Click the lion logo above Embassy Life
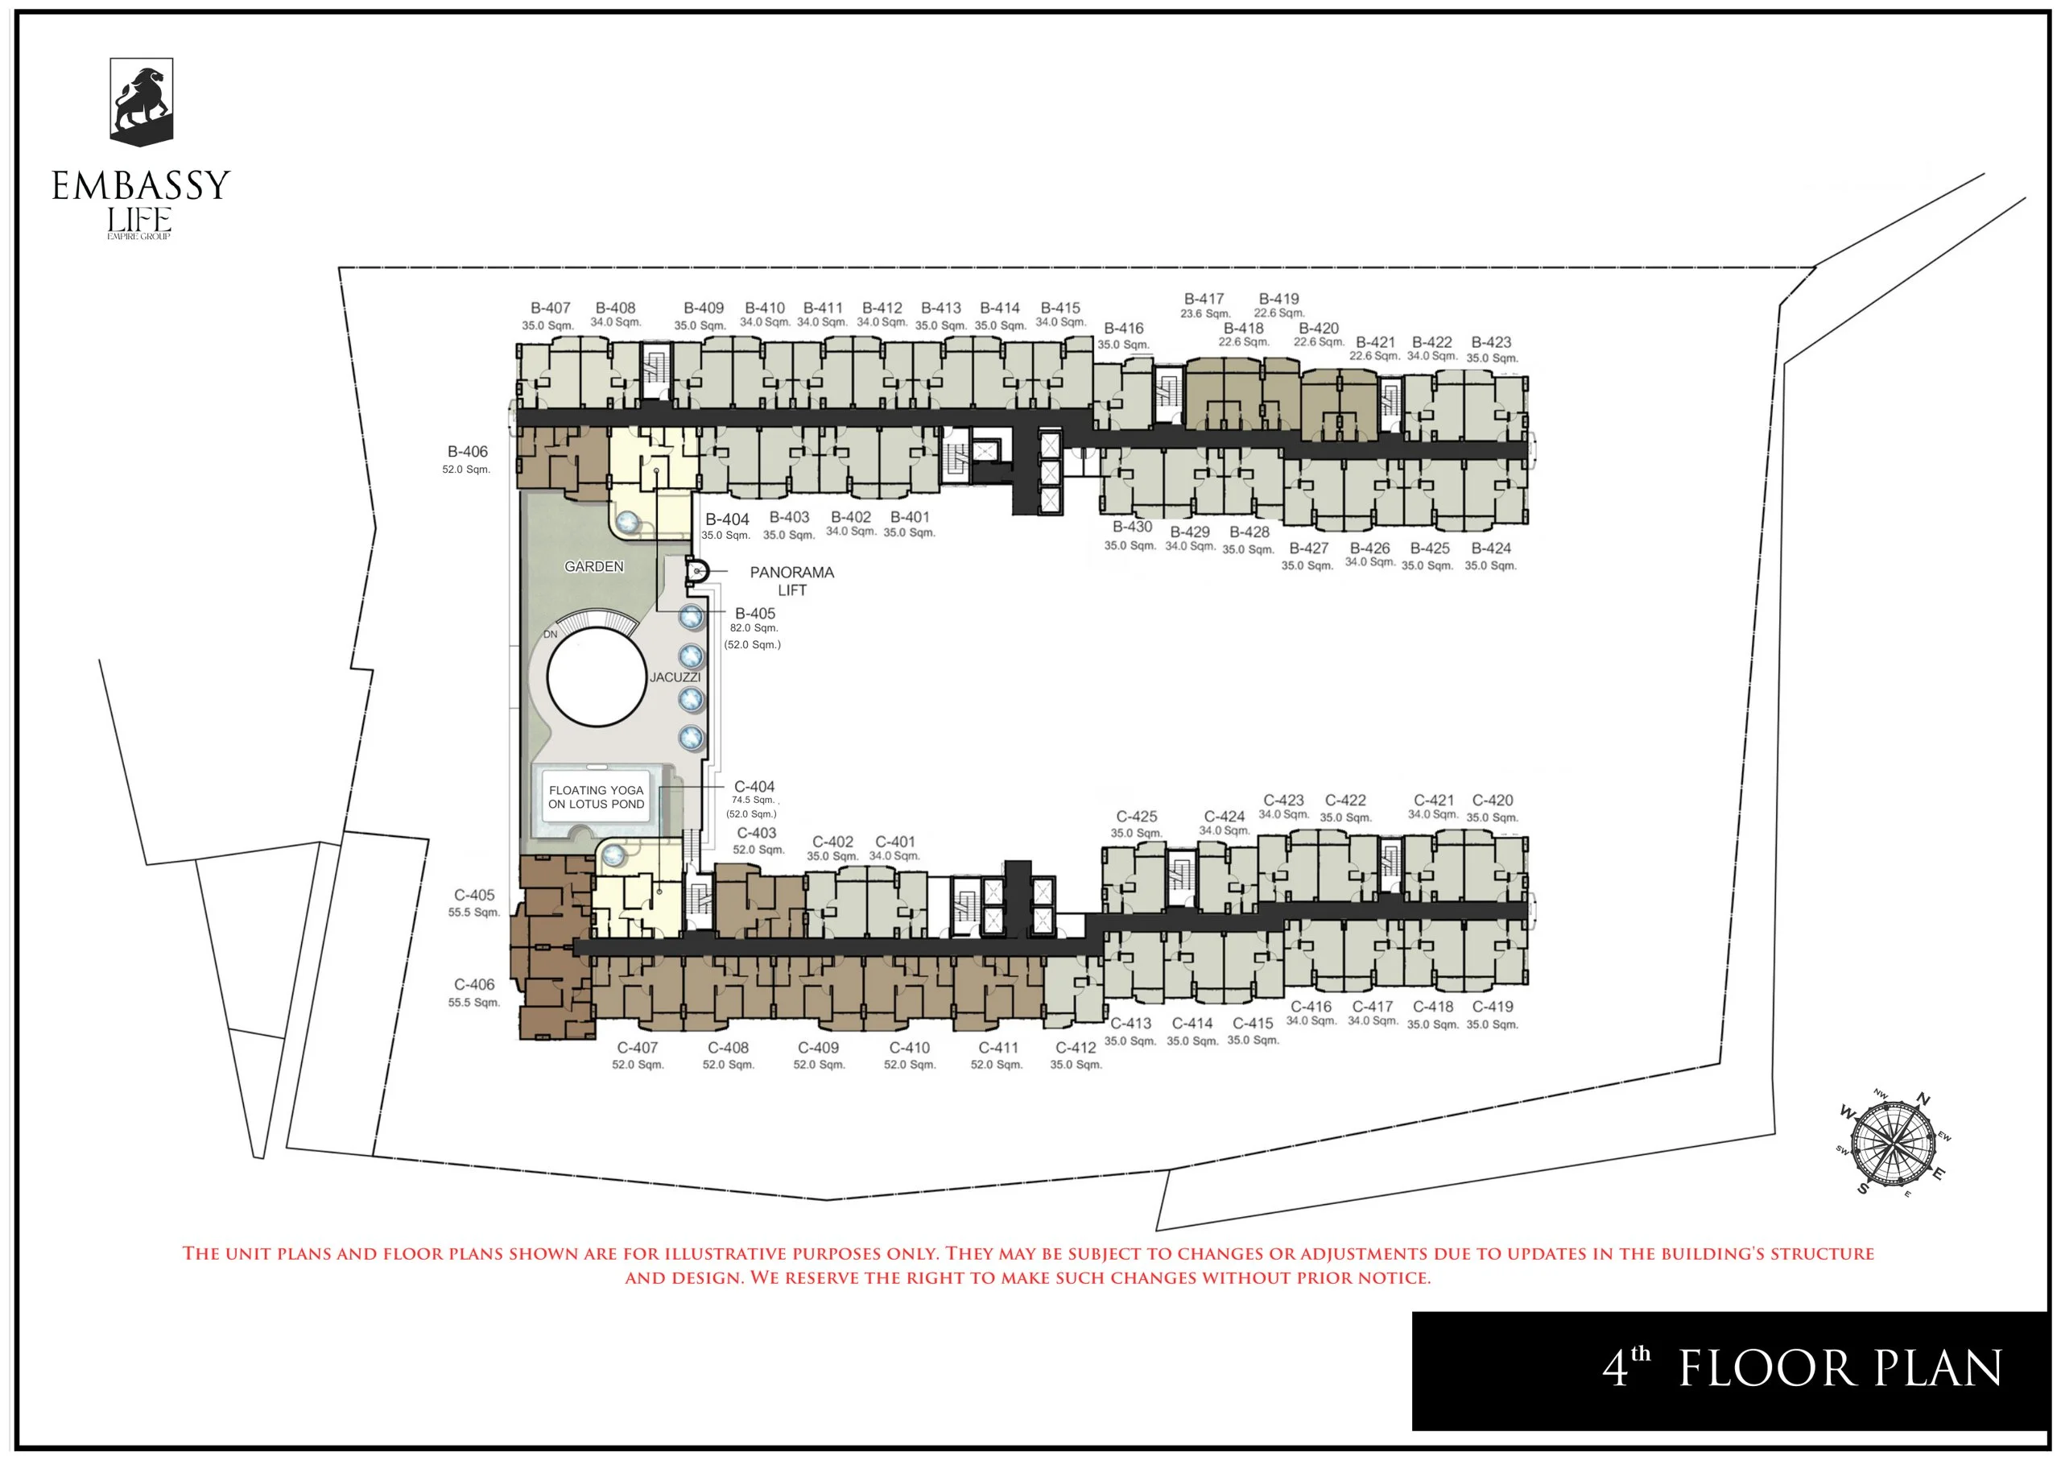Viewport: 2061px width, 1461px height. [141, 101]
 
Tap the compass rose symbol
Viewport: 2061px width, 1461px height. [1893, 1144]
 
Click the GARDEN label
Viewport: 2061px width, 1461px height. [593, 567]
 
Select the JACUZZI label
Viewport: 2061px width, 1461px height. [675, 677]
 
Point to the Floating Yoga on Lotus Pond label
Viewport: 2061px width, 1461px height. [597, 797]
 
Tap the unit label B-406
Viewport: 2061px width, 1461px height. [468, 452]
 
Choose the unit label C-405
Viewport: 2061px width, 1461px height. [474, 895]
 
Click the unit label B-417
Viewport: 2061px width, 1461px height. [1204, 299]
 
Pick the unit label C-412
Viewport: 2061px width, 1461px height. [1076, 1048]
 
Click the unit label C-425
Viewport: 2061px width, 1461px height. [1137, 817]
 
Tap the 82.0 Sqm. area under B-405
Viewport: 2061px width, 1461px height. [754, 628]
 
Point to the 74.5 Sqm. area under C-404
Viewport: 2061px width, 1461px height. [754, 800]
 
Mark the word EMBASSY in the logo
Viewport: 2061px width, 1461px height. [141, 185]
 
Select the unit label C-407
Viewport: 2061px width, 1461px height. [638, 1048]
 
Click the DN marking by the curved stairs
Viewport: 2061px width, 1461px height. [551, 634]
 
